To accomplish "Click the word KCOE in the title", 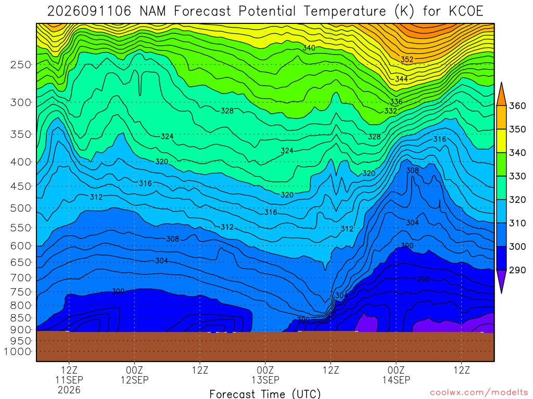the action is (466, 11).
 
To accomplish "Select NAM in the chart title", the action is (153, 11).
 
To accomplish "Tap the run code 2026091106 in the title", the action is (89, 11).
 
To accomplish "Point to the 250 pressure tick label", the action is (21, 64).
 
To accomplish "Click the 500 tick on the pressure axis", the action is (21, 208).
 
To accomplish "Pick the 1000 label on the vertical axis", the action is (17, 352).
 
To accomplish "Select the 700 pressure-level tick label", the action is (21, 278).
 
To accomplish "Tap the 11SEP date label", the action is (69, 380).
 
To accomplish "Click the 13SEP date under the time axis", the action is (265, 380).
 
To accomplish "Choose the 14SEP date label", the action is (396, 380).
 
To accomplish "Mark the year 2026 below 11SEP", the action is (69, 390).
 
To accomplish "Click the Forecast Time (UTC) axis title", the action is (265, 394).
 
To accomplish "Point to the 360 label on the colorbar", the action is (517, 106).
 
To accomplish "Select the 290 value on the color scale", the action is (517, 270).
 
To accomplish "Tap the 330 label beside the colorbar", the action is (517, 176).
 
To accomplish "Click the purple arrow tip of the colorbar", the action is (501, 292).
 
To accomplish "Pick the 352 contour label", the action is (407, 59).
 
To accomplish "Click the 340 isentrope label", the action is (309, 48).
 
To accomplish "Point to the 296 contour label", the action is (423, 279).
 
